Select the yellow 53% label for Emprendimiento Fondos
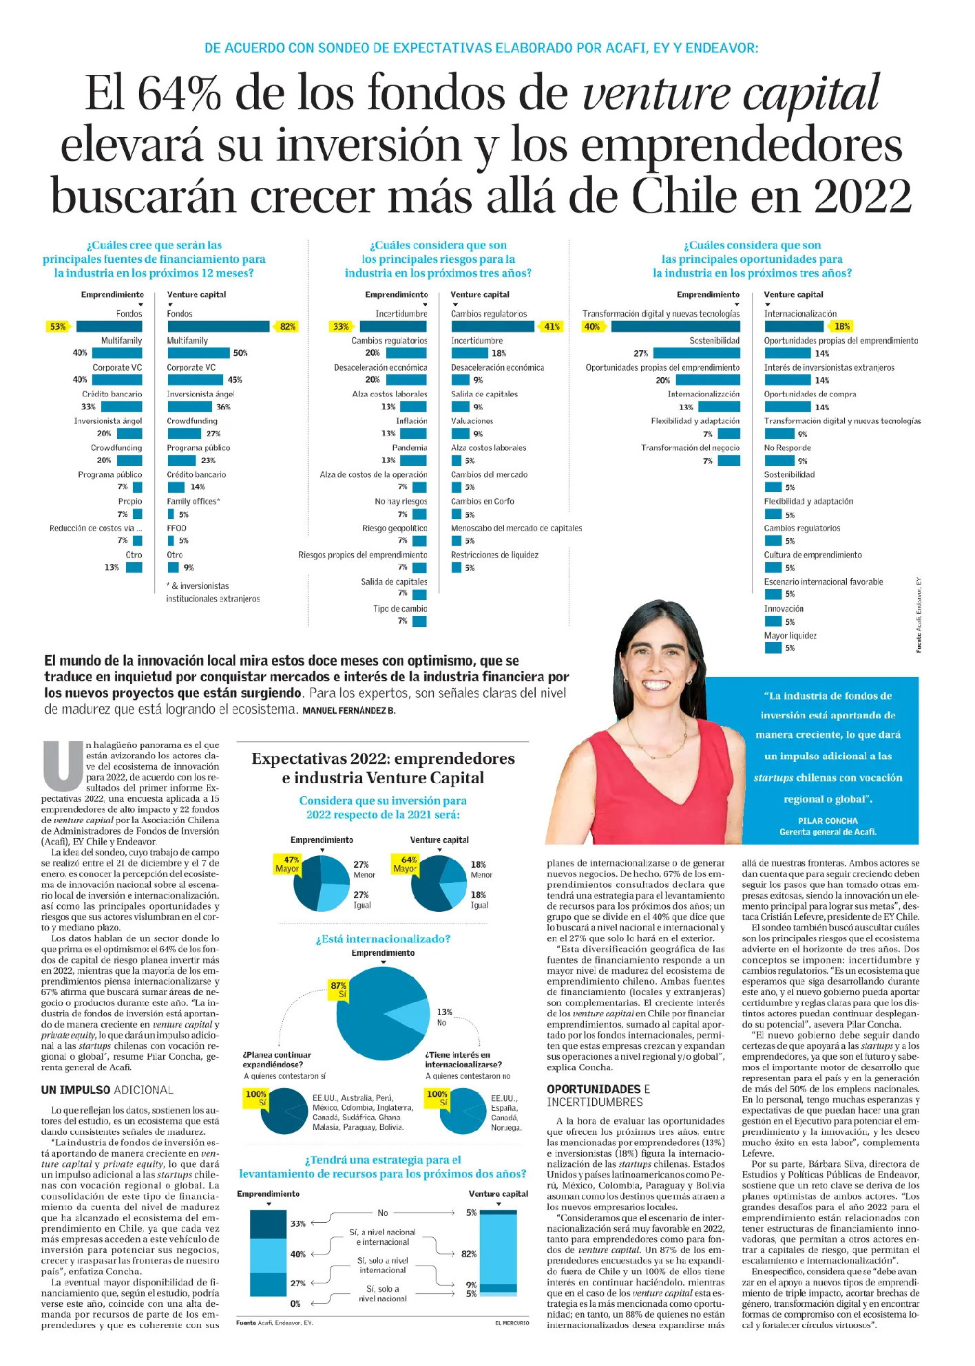point(58,327)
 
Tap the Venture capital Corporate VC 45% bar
point(195,380)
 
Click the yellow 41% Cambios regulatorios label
point(552,327)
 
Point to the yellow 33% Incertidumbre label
point(341,327)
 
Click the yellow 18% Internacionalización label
point(841,327)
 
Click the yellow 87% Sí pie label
point(338,990)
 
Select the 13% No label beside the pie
point(444,1016)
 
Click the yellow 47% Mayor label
point(287,864)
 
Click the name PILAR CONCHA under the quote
point(828,821)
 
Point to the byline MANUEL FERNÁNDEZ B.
point(349,711)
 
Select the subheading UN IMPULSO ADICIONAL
point(107,1090)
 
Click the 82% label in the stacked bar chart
point(469,1254)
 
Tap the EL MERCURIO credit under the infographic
point(512,1322)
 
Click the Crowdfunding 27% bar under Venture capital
point(185,434)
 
